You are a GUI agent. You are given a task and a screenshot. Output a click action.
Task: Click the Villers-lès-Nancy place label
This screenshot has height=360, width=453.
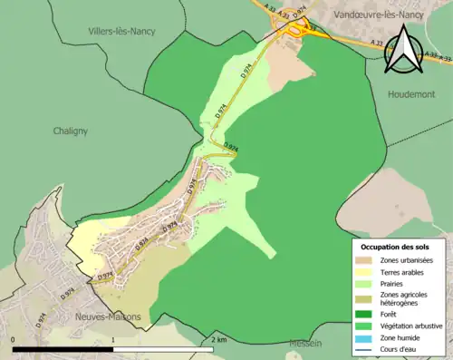point(120,31)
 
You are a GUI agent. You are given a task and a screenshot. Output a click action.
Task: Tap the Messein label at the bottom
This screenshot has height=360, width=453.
point(305,344)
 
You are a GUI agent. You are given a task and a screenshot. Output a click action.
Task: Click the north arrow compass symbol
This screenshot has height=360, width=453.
point(401,50)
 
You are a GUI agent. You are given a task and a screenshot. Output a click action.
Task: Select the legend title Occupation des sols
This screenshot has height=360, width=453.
point(396,246)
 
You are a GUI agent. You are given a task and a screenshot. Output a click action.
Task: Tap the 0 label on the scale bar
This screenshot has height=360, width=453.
point(14,340)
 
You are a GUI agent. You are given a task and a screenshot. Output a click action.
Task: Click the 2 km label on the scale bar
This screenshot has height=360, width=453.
point(217,340)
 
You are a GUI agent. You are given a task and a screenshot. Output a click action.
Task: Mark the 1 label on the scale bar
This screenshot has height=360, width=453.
point(113,340)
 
